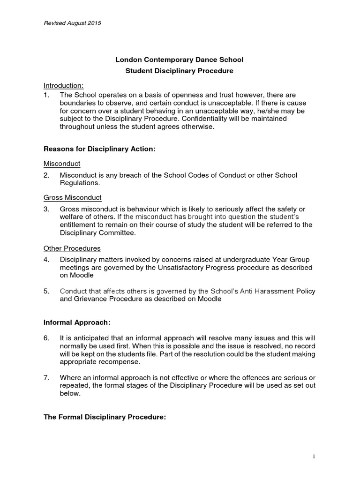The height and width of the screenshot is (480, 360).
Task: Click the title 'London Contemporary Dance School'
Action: [x=180, y=60]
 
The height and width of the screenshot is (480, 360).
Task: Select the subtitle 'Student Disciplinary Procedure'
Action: [x=180, y=71]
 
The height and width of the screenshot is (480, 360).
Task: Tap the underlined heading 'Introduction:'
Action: [x=64, y=85]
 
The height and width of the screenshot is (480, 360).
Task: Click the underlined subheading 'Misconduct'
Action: [x=62, y=164]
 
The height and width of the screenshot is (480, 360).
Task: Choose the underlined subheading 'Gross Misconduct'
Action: [x=73, y=197]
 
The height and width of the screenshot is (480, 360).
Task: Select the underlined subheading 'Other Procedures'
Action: [x=72, y=248]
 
